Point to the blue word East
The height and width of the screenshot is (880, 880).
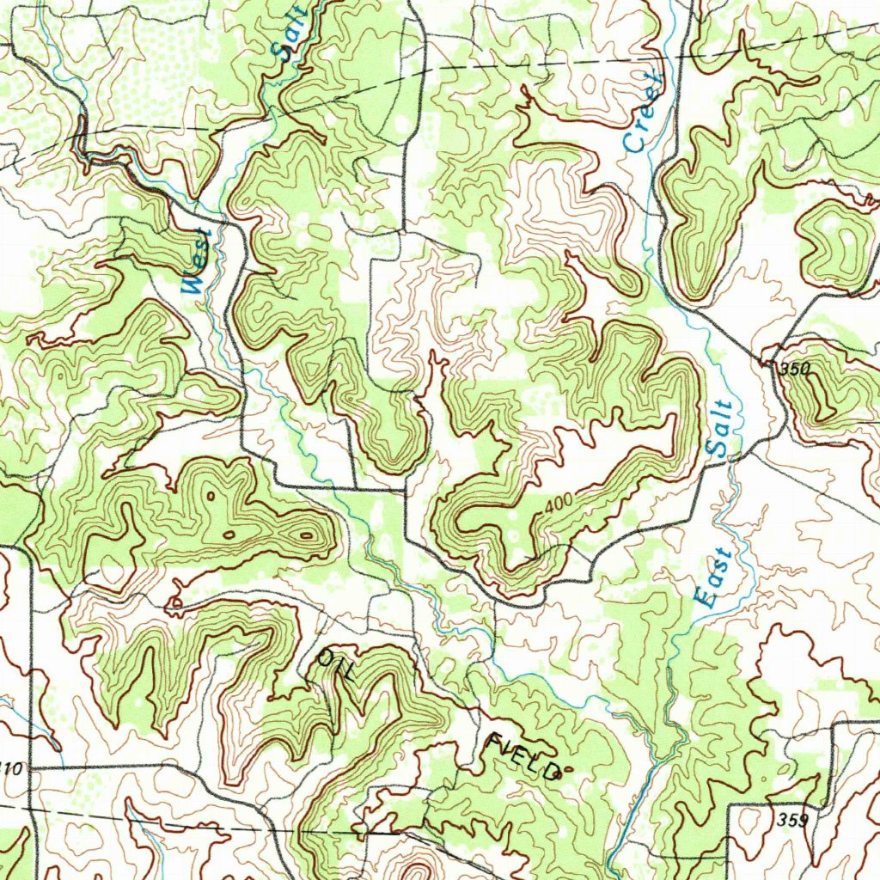click(714, 578)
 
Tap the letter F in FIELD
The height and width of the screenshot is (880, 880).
click(496, 742)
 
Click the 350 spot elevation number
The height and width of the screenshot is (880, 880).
click(796, 369)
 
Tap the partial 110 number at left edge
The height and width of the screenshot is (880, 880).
click(12, 767)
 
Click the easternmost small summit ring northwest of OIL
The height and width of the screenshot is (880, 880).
click(306, 535)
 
